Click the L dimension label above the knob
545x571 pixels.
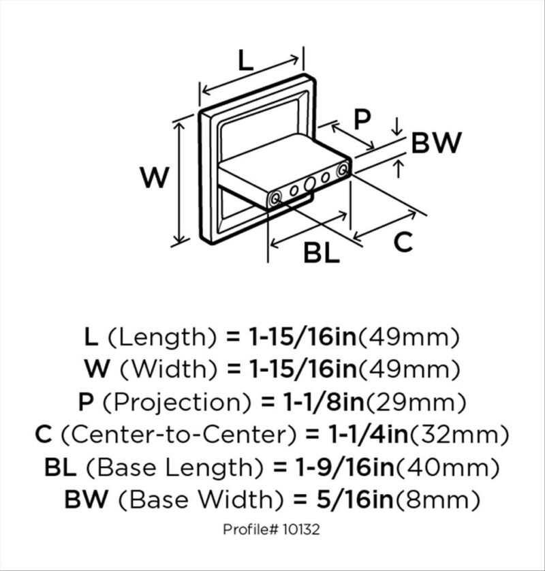(246, 60)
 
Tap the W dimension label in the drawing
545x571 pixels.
(155, 177)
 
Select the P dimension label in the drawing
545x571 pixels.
(362, 119)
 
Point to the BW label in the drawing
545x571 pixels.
(436, 142)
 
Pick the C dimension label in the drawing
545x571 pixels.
(403, 241)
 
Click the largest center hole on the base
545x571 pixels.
(309, 183)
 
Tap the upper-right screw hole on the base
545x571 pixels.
(342, 170)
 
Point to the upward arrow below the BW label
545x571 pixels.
(399, 169)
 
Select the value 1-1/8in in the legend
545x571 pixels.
(324, 401)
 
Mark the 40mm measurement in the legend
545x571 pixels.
(447, 467)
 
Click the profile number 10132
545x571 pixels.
(301, 529)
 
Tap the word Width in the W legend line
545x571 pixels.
(169, 369)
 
